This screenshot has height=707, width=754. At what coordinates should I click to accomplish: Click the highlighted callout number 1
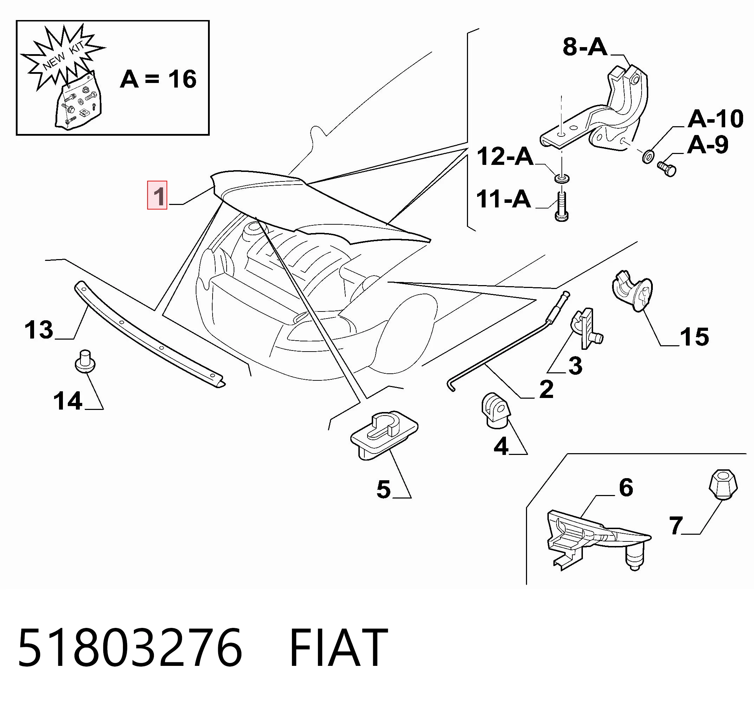(157, 196)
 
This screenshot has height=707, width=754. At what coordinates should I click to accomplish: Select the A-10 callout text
(715, 119)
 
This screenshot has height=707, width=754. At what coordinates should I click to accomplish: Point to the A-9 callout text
(708, 144)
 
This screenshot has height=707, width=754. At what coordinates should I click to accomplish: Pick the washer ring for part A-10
(648, 156)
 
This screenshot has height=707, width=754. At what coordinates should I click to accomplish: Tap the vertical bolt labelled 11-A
(561, 206)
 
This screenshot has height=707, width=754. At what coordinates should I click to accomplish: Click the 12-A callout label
(505, 157)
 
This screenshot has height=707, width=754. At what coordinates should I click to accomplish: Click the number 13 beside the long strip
(39, 329)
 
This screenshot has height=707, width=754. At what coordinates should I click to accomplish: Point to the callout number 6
(626, 487)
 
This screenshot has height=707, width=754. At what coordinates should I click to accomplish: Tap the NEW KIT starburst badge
(63, 57)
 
